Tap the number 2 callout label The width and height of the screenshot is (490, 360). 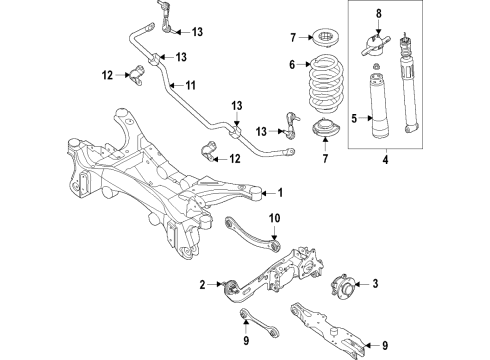coord(203,286)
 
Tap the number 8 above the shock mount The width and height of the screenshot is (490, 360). coord(378,13)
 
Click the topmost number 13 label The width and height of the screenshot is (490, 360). coord(196,32)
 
